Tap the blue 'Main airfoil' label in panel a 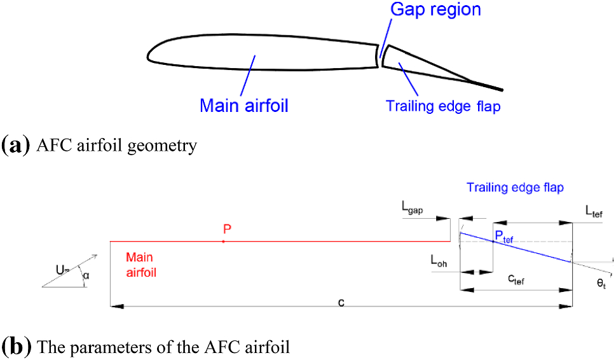pos(244,105)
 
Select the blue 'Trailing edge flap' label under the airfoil pos(443,106)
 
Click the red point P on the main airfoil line pos(223,242)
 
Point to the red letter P pos(226,229)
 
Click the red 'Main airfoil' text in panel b pos(141,265)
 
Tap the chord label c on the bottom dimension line pos(341,301)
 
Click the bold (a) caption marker pos(16,146)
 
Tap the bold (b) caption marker pos(17,347)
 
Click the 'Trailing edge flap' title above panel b pos(515,188)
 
